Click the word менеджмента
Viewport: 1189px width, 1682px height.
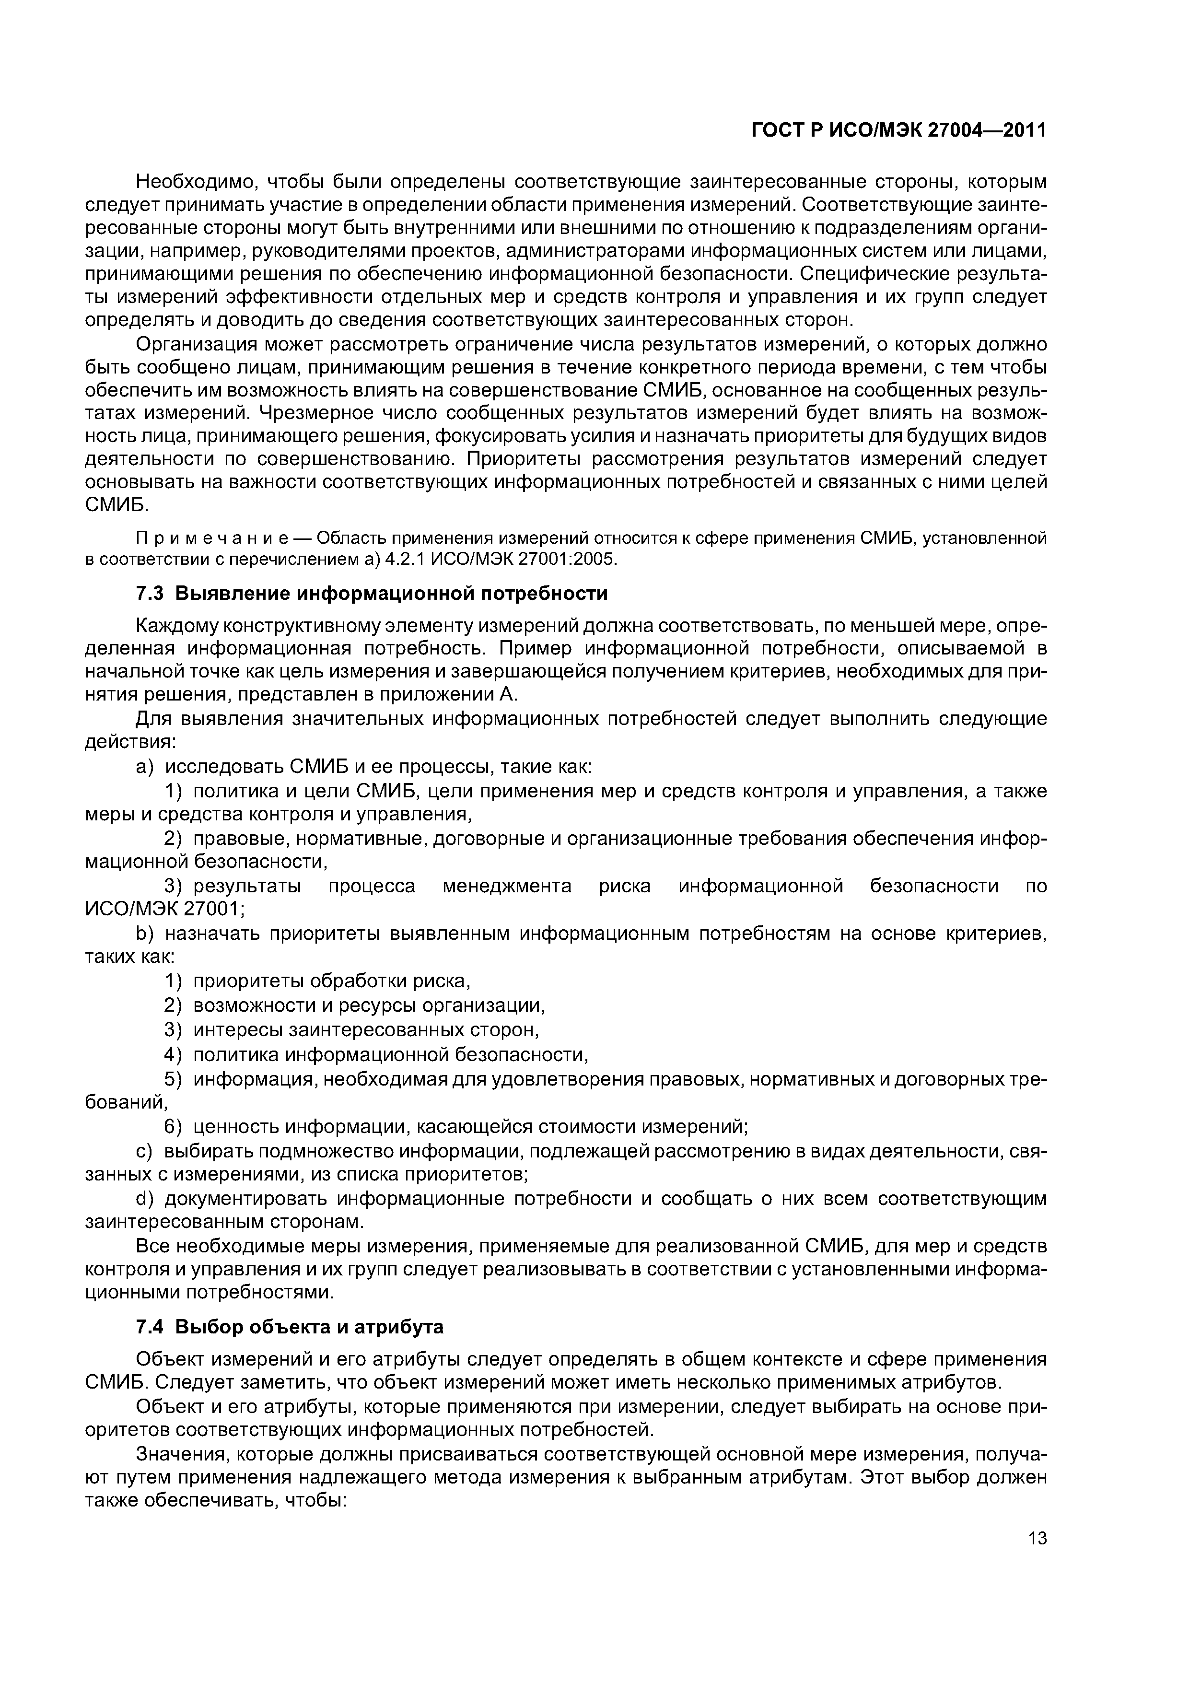coord(508,887)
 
